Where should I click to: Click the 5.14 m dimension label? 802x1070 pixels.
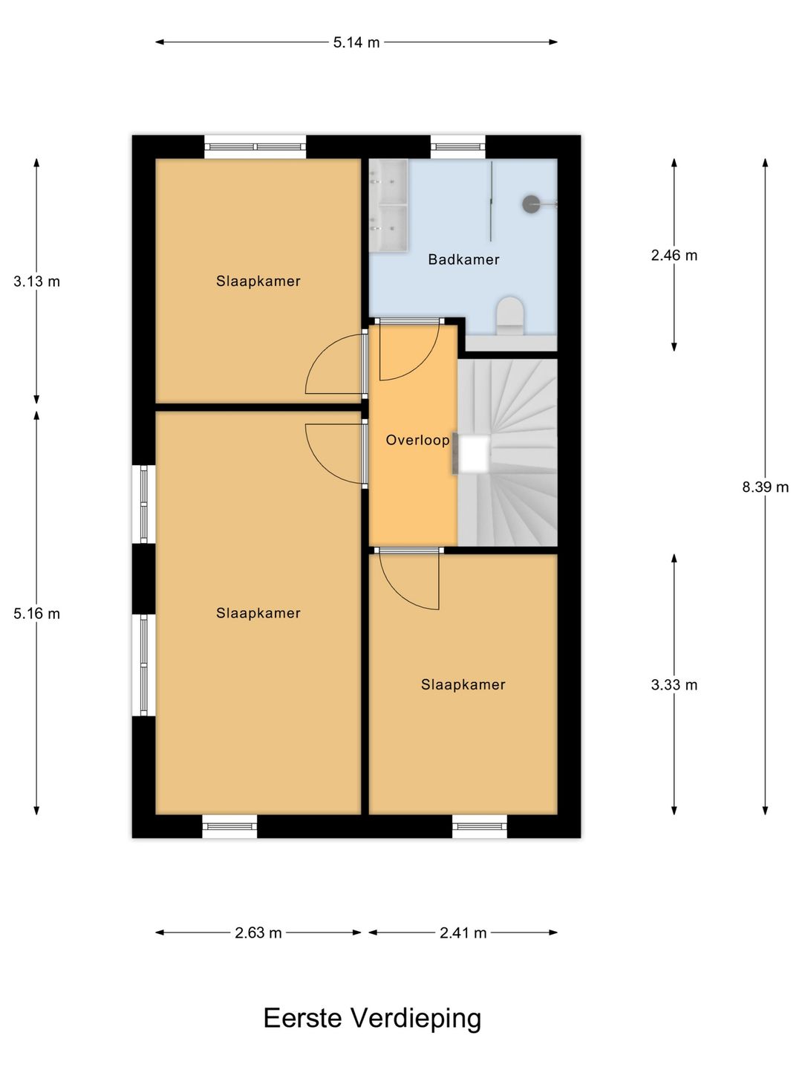pyautogui.click(x=356, y=42)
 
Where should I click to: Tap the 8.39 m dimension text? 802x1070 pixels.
pyautogui.click(x=765, y=487)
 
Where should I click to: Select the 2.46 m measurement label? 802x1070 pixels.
pyautogui.click(x=674, y=255)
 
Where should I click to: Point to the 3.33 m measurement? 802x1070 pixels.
pyautogui.click(x=674, y=685)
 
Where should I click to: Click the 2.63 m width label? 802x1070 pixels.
pyautogui.click(x=258, y=933)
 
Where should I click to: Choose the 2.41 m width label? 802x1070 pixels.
pyautogui.click(x=463, y=933)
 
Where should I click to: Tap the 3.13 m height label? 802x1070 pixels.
pyautogui.click(x=36, y=282)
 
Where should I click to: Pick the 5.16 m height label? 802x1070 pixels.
pyautogui.click(x=36, y=613)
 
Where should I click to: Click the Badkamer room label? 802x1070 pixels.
pyautogui.click(x=463, y=259)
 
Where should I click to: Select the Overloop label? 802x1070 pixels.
pyautogui.click(x=418, y=440)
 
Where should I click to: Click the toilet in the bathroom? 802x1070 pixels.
pyautogui.click(x=509, y=315)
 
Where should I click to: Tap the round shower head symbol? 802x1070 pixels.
pyautogui.click(x=531, y=204)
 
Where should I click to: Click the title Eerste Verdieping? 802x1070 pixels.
pyautogui.click(x=372, y=1018)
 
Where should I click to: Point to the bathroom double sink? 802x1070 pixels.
pyautogui.click(x=388, y=206)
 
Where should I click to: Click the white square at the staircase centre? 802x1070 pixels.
pyautogui.click(x=475, y=455)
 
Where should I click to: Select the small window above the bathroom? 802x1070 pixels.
pyautogui.click(x=457, y=146)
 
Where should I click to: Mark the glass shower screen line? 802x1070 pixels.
pyautogui.click(x=492, y=201)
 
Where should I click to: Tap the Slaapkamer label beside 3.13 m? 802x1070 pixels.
pyautogui.click(x=258, y=281)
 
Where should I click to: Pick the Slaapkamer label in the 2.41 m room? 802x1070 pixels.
pyautogui.click(x=463, y=684)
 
